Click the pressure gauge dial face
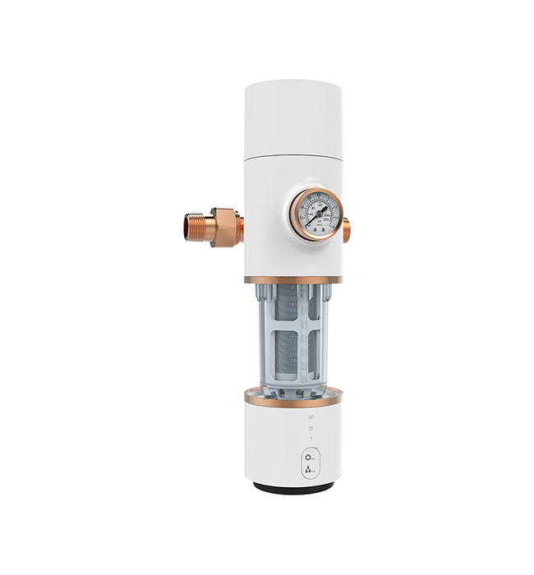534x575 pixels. pyautogui.click(x=315, y=214)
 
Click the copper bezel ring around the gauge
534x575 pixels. pyautogui.click(x=315, y=191)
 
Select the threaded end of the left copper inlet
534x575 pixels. pyautogui.click(x=194, y=227)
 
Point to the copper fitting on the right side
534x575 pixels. pyautogui.click(x=346, y=228)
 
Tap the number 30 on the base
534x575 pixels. pyautogui.click(x=311, y=418)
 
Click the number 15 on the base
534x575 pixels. pyautogui.click(x=311, y=428)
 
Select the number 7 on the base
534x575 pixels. pyautogui.click(x=311, y=439)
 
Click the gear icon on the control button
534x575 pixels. pyautogui.click(x=309, y=457)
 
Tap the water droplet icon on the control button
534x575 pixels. pyautogui.click(x=309, y=471)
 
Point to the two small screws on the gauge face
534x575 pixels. pyautogui.click(x=315, y=223)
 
